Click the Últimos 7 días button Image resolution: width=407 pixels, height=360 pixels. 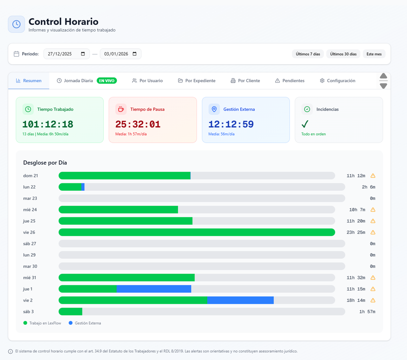tap(307, 54)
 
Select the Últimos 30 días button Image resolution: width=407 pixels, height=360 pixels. tap(343, 54)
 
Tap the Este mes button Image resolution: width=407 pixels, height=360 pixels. tap(374, 54)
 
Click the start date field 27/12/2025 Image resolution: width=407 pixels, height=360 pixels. tap(66, 54)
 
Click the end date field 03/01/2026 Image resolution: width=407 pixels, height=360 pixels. tap(120, 54)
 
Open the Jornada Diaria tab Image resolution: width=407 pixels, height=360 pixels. tap(78, 81)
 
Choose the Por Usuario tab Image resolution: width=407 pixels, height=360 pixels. tap(147, 81)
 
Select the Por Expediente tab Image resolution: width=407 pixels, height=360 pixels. tap(197, 81)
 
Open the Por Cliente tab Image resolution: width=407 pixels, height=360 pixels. tap(245, 81)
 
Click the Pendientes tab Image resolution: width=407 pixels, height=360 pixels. tap(290, 81)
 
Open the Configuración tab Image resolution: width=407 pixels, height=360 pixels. tap(337, 81)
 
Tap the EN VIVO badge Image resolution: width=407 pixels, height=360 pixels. tap(107, 81)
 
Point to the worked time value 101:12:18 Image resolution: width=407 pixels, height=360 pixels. tap(48, 124)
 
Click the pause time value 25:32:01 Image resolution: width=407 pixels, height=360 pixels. tap(138, 124)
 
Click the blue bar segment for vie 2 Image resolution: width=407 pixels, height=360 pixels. tap(240, 300)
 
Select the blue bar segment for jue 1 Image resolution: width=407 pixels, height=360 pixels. tap(154, 289)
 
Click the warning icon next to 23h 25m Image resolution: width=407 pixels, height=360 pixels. tap(373, 232)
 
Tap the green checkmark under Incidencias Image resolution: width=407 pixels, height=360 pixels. tap(305, 124)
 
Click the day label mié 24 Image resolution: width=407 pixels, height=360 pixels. tap(30, 210)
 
